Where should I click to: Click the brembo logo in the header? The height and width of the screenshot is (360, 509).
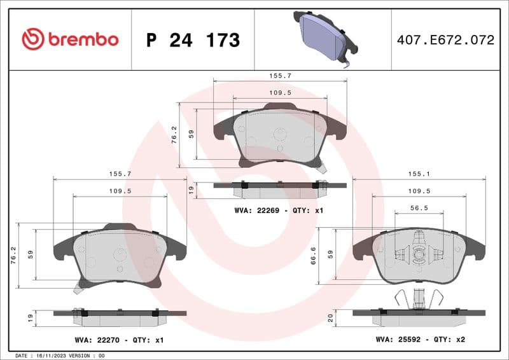(x=70, y=39)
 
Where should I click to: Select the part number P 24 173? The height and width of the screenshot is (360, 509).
(x=193, y=40)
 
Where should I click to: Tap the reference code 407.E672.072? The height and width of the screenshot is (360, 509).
(x=445, y=40)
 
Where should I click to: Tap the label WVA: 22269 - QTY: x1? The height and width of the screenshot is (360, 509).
(x=279, y=210)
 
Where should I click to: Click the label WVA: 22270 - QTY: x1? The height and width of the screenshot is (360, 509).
(x=118, y=340)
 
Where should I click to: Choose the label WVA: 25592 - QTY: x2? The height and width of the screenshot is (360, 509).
(x=420, y=340)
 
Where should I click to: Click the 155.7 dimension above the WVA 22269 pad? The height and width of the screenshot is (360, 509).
(x=280, y=75)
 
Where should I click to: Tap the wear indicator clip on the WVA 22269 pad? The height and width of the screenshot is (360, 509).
(x=323, y=168)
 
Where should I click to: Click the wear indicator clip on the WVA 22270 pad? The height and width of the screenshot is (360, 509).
(x=79, y=287)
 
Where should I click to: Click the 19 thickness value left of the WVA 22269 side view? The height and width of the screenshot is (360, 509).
(x=190, y=189)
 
